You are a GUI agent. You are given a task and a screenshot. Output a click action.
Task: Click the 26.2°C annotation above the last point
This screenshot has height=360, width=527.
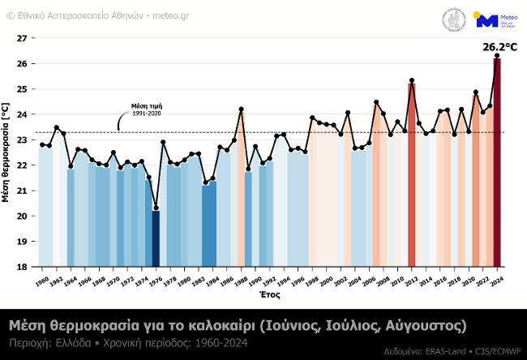tap(499, 47)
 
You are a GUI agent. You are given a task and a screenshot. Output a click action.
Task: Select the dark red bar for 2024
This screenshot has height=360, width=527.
tap(497, 162)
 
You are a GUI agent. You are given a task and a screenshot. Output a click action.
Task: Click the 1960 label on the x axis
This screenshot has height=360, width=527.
tap(43, 281)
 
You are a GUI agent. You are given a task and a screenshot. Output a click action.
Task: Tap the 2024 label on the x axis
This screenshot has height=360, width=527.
tap(497, 281)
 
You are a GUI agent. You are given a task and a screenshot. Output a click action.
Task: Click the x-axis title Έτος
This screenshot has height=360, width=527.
tap(270, 296)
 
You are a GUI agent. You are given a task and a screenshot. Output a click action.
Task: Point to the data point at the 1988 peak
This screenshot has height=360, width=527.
tap(241, 109)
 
